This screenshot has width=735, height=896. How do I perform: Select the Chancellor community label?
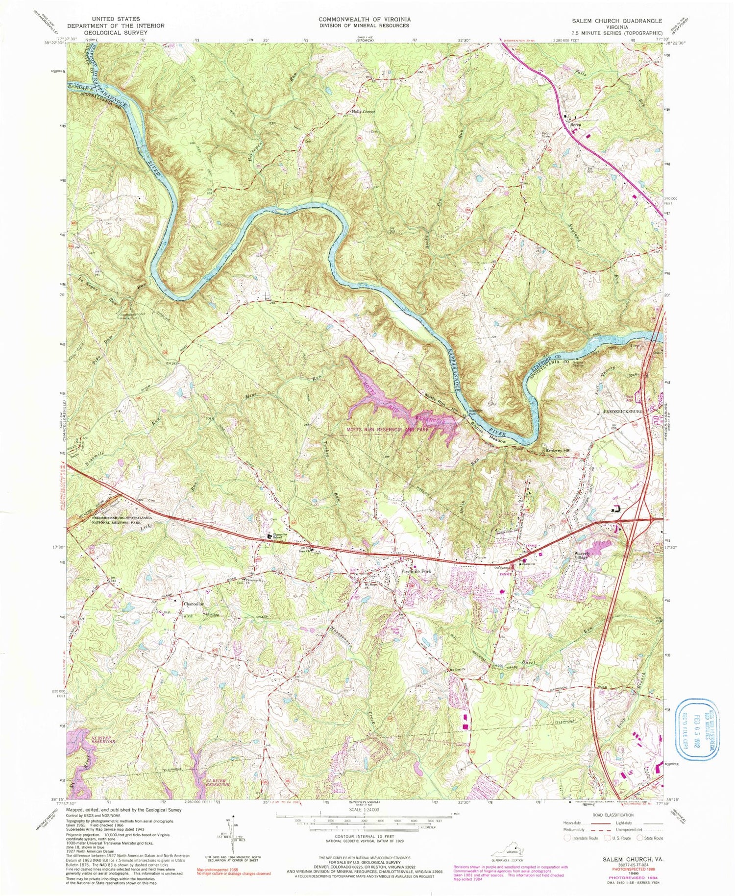[x=193, y=604]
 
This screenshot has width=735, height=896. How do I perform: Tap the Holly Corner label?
[x=364, y=112]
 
